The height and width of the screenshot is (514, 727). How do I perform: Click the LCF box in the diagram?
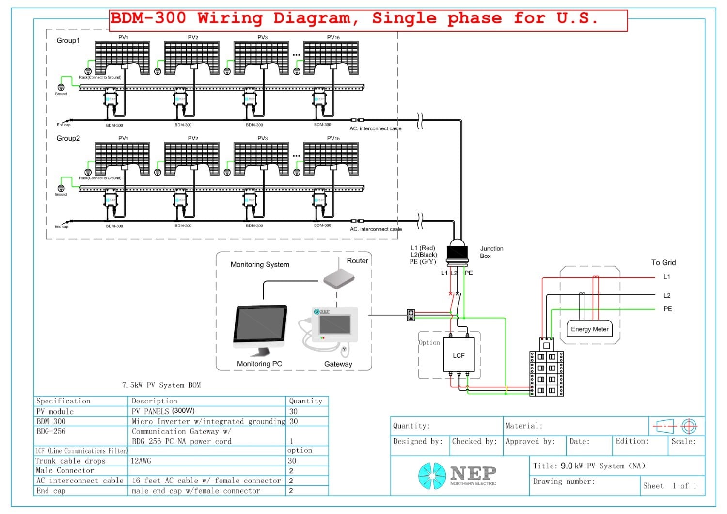coord(458,355)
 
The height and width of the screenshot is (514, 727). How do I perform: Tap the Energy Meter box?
coord(589,329)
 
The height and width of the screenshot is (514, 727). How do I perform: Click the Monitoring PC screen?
coord(261,324)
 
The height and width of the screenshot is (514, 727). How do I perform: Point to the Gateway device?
coord(334,325)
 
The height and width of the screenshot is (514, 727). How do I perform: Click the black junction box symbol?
coord(457,252)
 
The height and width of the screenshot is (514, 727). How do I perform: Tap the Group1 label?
coord(68,40)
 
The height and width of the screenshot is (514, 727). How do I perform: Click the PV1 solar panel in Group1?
coord(122,57)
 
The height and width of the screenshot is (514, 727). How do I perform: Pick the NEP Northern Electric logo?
coord(457,475)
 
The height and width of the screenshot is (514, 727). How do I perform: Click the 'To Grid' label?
coord(663,262)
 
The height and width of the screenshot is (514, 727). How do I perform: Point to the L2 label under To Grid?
coord(667,295)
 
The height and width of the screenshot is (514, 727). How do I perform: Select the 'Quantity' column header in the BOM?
coord(305,401)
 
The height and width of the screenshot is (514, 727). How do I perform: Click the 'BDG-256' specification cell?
coord(51,431)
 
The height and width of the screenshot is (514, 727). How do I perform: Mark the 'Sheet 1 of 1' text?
coord(669,486)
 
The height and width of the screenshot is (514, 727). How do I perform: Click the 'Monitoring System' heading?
coord(260,264)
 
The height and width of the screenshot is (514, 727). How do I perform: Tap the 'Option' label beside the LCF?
coord(429,342)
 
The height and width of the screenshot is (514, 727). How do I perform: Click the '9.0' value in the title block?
coord(567,466)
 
